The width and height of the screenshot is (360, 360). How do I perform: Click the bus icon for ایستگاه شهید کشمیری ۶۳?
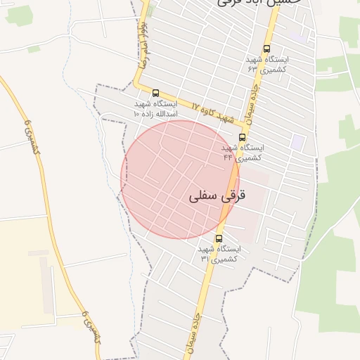coord(266,49)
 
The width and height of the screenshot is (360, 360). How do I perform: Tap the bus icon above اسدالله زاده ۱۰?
coord(155,93)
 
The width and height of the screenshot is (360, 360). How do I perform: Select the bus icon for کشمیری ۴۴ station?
coord(243,138)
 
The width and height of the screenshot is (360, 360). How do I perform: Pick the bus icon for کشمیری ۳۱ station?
coord(219,238)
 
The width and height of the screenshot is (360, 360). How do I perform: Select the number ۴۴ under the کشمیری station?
coord(228,157)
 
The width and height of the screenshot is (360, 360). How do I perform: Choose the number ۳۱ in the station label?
coord(205,259)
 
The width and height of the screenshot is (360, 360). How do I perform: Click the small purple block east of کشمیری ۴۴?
coord(299,141)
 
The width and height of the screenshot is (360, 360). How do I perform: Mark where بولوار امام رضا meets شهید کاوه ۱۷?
coord(138,88)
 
